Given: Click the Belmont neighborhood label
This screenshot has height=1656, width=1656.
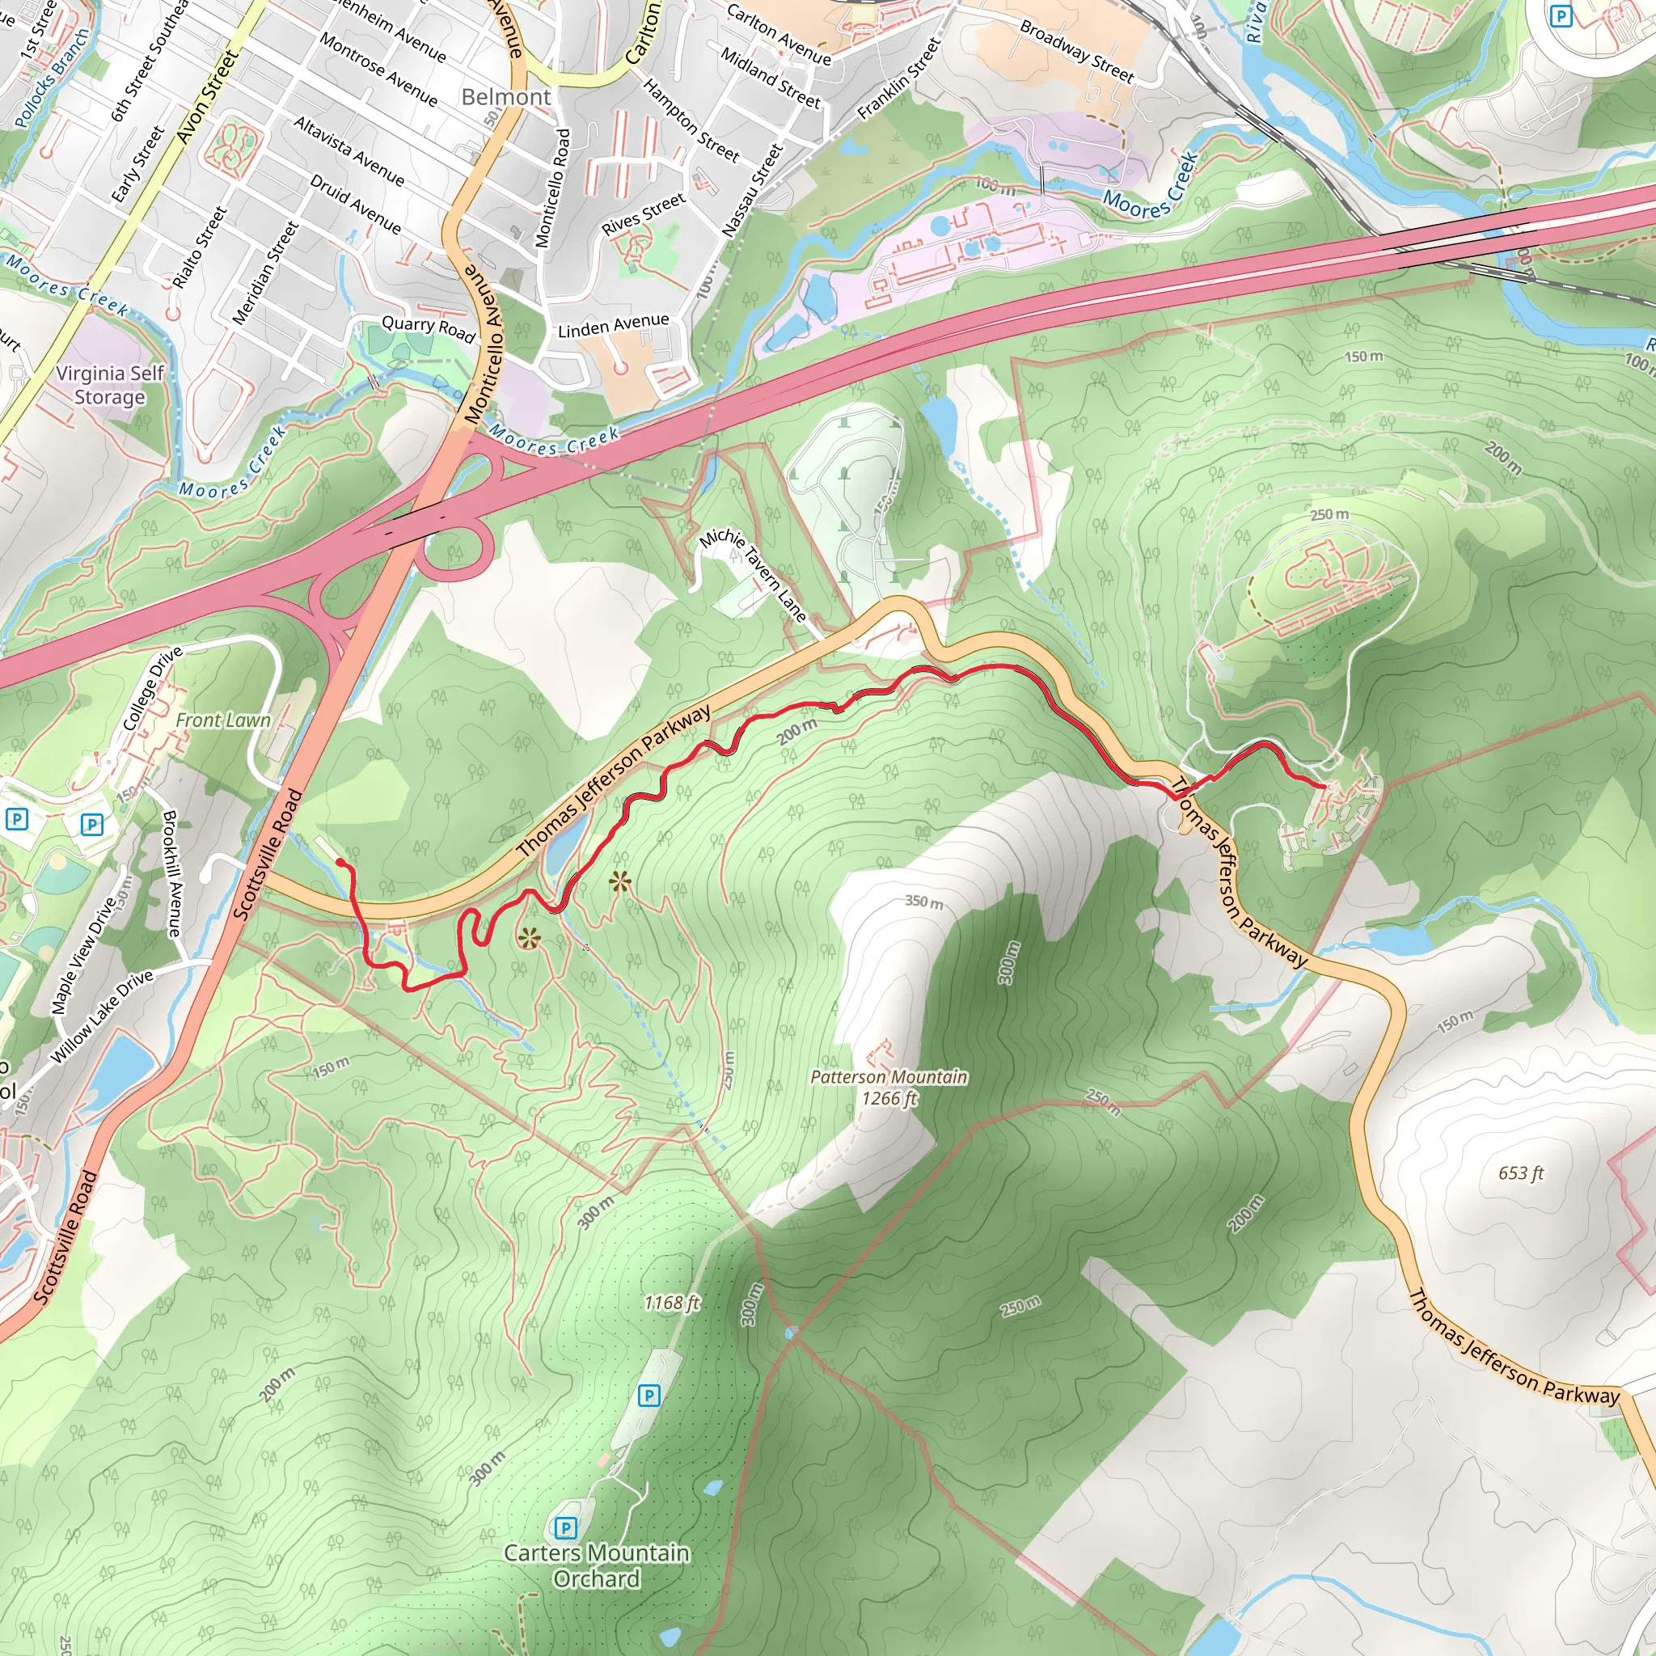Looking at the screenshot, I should (x=505, y=97).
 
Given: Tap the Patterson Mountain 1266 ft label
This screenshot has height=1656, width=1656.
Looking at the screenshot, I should (x=889, y=1087).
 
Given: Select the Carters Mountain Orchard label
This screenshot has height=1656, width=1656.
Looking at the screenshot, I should (x=596, y=1565).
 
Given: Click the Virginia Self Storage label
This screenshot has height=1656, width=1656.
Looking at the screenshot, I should (x=110, y=385).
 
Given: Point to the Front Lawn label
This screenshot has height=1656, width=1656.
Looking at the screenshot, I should (x=223, y=720).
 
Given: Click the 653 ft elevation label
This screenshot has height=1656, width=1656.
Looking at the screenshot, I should (x=1521, y=1172).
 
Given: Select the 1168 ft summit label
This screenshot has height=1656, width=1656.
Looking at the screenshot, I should (x=671, y=1303).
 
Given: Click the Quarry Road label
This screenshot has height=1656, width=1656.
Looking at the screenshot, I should (x=428, y=328).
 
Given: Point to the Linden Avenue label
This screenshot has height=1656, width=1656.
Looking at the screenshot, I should (x=613, y=326).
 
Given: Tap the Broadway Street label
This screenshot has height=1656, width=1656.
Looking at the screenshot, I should (x=1076, y=52).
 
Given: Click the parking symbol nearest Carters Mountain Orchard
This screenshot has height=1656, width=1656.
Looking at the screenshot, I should (x=565, y=1527).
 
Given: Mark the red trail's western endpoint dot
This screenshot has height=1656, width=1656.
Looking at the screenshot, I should (x=340, y=862).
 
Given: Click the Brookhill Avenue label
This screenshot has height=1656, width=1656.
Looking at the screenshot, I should (x=171, y=873).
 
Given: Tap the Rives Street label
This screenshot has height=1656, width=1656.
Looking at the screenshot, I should (x=643, y=214).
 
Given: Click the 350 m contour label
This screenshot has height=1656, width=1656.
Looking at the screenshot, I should (x=924, y=902).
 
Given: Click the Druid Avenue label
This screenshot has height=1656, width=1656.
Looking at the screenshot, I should (x=355, y=204).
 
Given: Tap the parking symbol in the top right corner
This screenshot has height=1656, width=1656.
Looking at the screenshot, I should (x=1561, y=16).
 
